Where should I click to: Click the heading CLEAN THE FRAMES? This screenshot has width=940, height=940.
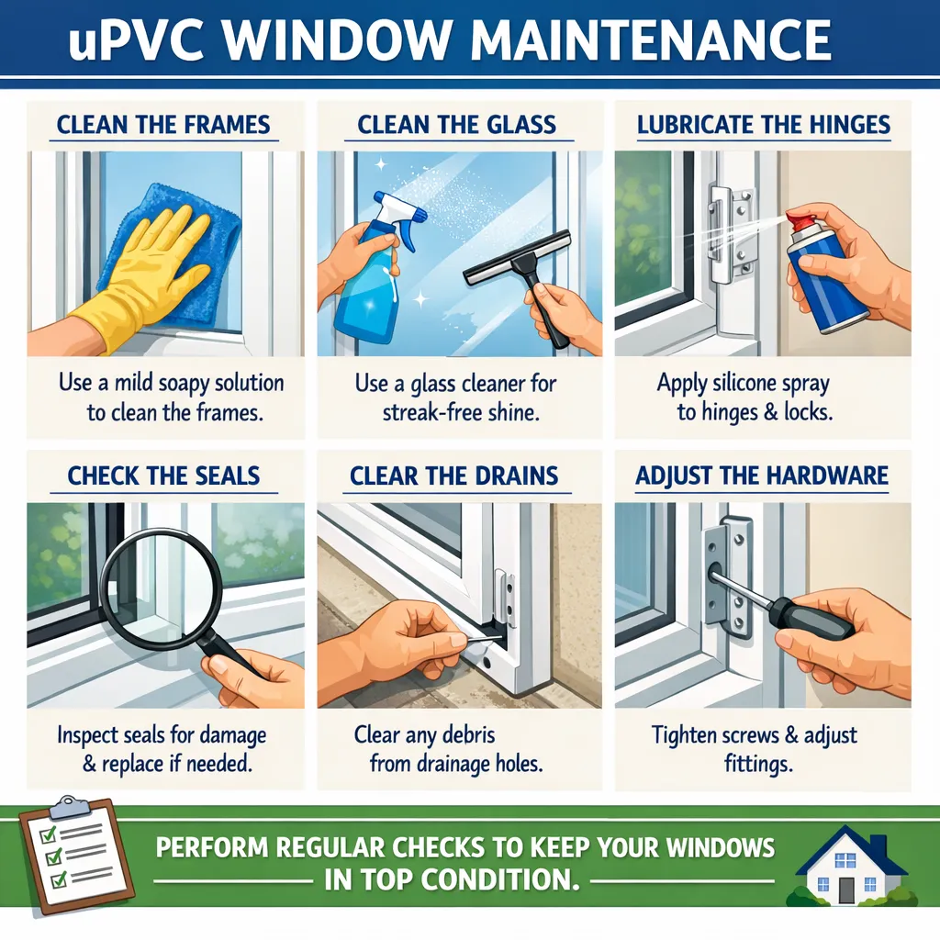164,124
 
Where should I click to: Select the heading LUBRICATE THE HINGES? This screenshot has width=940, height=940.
764,124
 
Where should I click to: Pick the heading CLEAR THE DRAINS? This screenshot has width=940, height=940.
453,476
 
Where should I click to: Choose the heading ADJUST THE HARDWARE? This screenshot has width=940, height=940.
762,476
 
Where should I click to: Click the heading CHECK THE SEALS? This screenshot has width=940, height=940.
163,476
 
